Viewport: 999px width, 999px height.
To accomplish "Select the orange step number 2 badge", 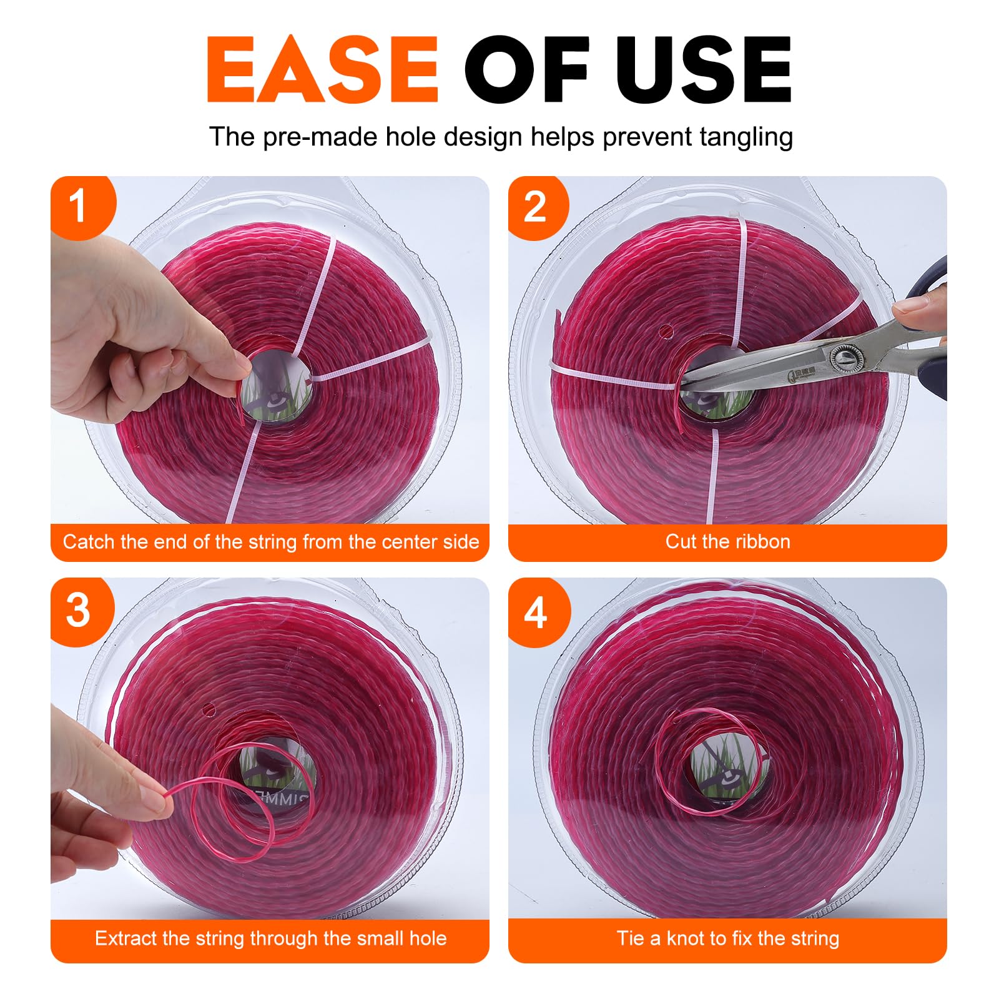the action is click(x=538, y=207).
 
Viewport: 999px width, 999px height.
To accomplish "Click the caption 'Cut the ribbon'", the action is click(x=727, y=541).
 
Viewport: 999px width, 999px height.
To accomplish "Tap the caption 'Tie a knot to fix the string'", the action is click(x=728, y=938).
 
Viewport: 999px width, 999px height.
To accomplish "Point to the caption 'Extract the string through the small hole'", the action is click(x=270, y=938).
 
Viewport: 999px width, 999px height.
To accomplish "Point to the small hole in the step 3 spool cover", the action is click(x=208, y=710).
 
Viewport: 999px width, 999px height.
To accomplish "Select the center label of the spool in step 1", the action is click(x=276, y=386).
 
